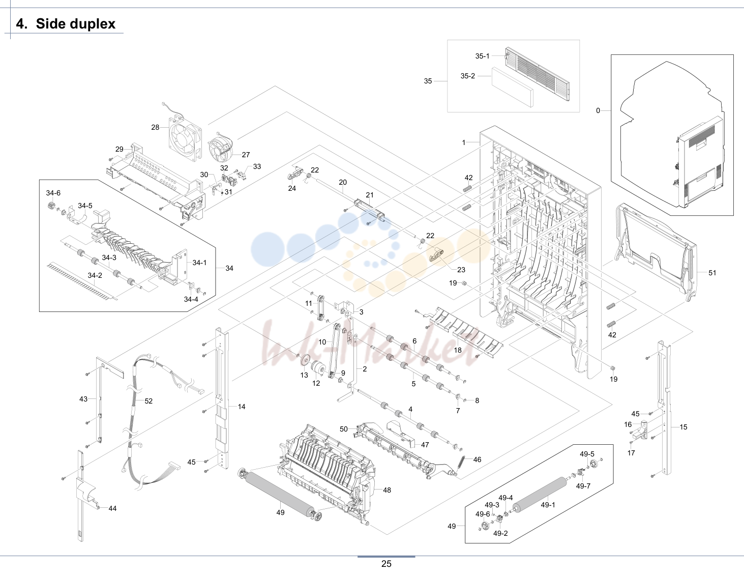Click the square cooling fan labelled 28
tap(185, 139)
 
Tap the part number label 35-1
tap(482, 56)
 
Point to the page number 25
tap(386, 564)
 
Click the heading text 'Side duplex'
tap(76, 23)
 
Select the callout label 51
tap(712, 273)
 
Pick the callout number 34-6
tap(53, 193)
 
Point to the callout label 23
tap(461, 270)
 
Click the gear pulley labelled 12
tap(318, 370)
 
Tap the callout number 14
tap(242, 407)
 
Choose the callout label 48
tap(387, 490)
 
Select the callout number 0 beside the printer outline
tap(598, 110)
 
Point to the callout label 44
tap(112, 508)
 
